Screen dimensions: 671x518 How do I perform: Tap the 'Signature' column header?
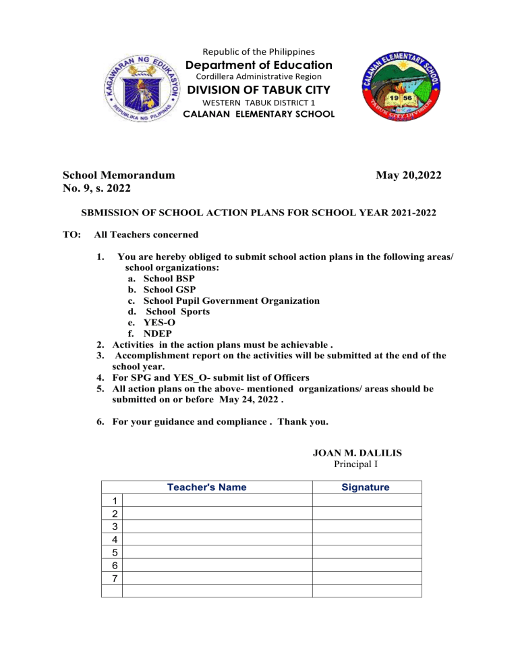point(366,487)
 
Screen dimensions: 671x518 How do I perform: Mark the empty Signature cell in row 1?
point(366,501)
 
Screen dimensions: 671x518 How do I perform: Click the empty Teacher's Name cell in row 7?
point(217,578)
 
